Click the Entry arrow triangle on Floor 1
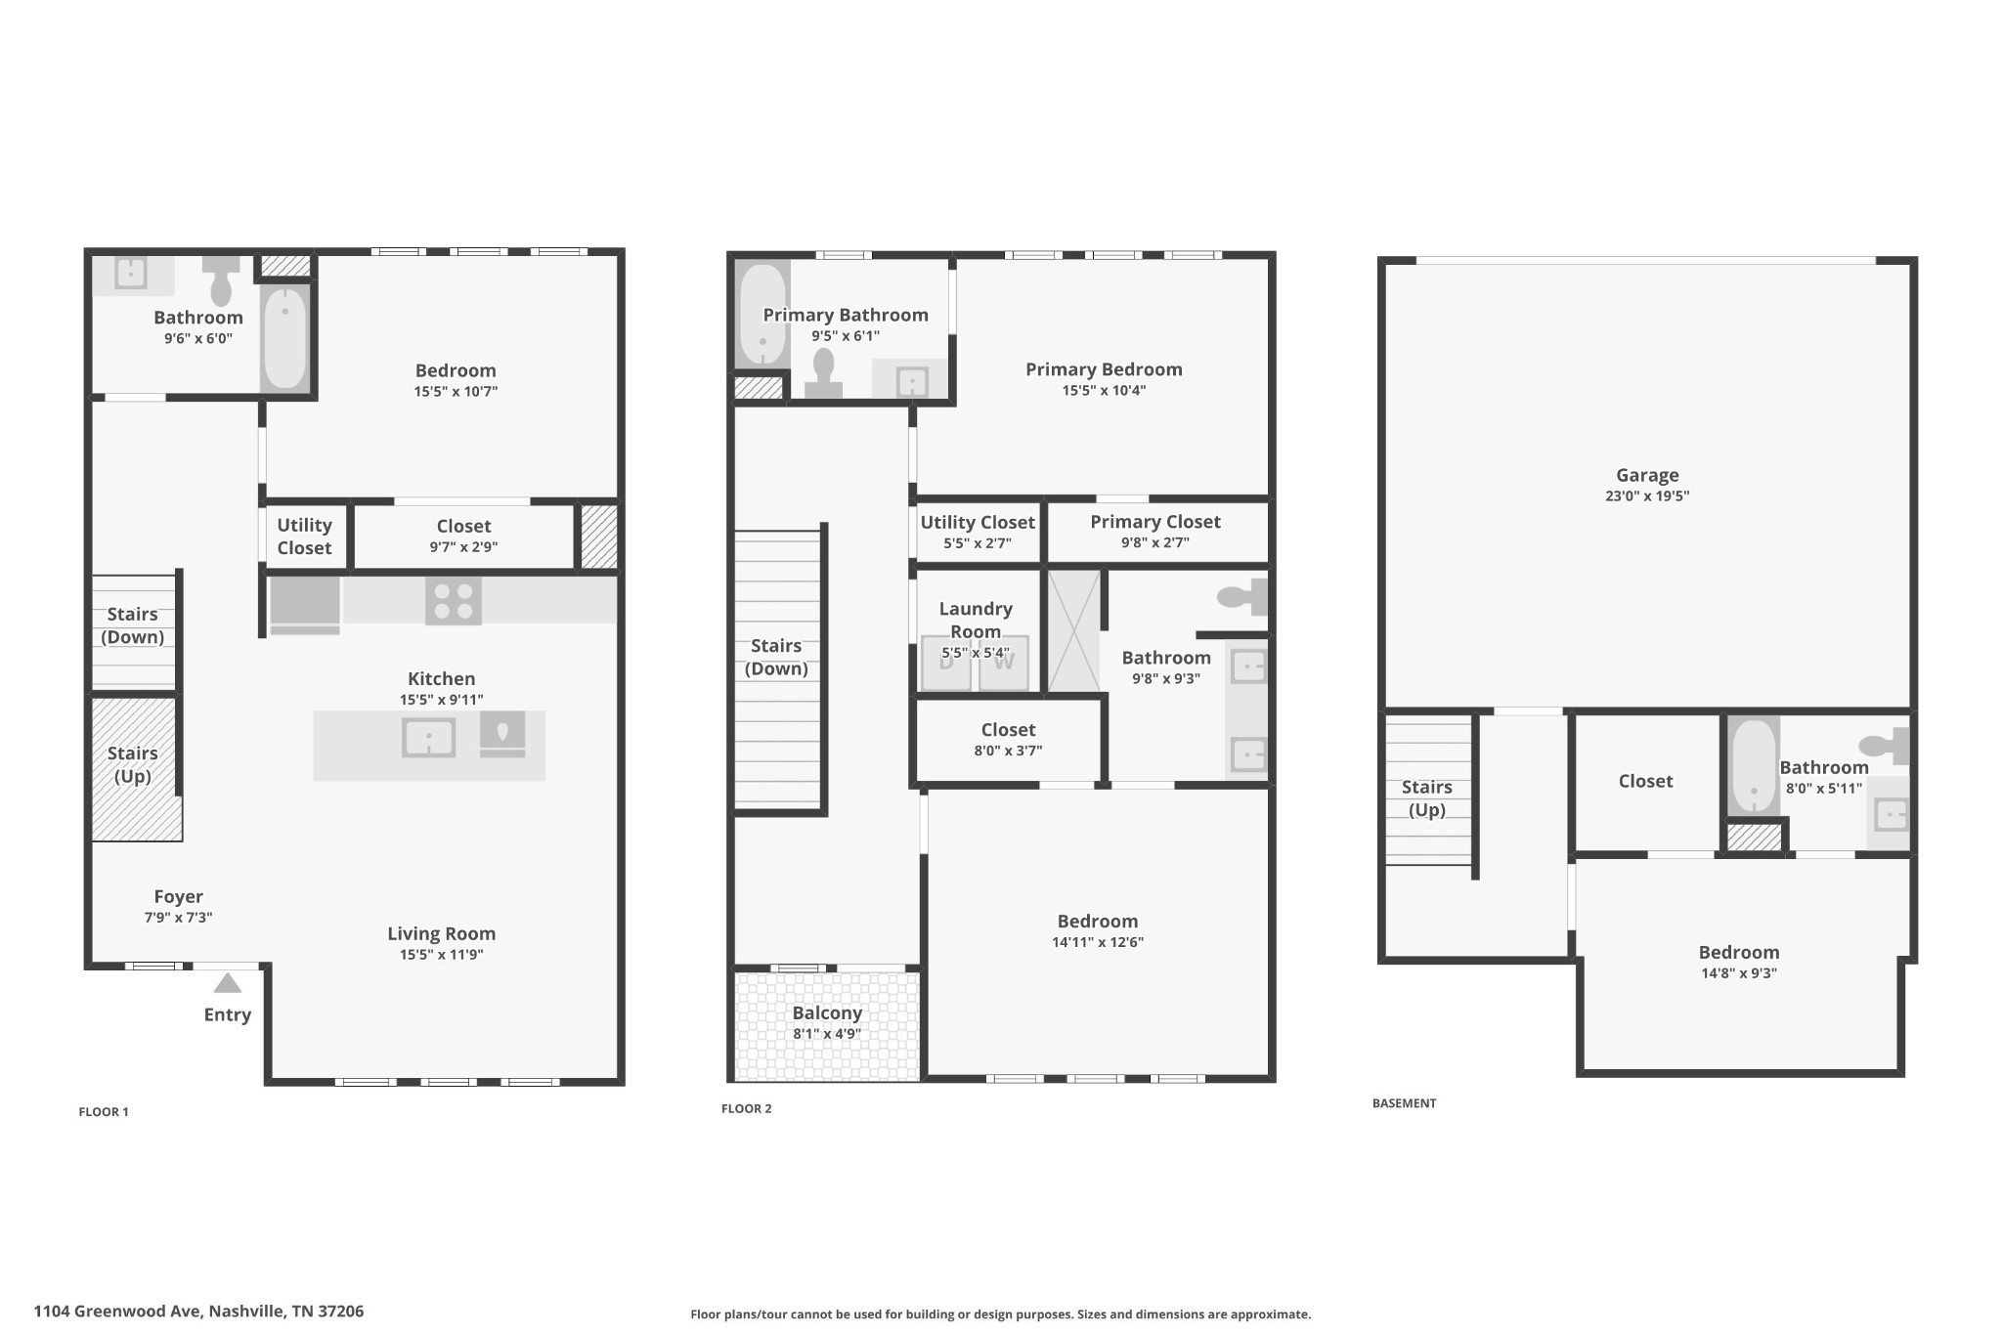click(x=227, y=982)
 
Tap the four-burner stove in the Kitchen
click(x=454, y=601)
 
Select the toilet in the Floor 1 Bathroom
click(x=221, y=280)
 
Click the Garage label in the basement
click(x=1647, y=475)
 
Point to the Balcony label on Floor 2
click(x=827, y=1013)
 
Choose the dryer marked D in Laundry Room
click(x=946, y=663)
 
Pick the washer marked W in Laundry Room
click(x=1004, y=663)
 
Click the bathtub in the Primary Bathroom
click(x=762, y=314)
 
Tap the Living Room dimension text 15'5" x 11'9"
click(x=442, y=955)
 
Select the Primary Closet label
click(x=1155, y=522)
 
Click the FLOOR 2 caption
click(x=747, y=1108)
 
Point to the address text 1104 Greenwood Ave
click(x=117, y=1312)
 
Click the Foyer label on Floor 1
click(x=179, y=896)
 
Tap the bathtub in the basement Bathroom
click(x=1754, y=766)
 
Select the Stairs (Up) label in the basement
click(x=1427, y=798)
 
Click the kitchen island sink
click(x=428, y=737)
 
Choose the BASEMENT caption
click(x=1405, y=1103)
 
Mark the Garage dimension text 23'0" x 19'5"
click(x=1647, y=495)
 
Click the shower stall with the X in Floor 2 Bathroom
click(x=1073, y=630)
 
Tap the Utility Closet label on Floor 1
click(x=304, y=537)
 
